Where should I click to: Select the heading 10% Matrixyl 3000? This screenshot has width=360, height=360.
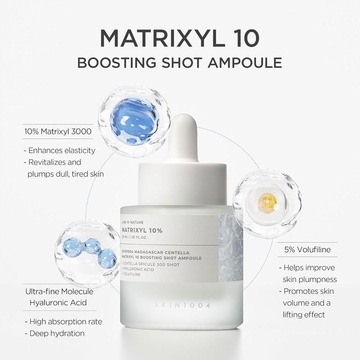[x=58, y=132]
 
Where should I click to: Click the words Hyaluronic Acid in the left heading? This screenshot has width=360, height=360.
[x=58, y=302]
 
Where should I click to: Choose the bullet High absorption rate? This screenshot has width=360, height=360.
[x=63, y=321]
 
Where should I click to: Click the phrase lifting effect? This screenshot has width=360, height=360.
[x=304, y=314]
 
